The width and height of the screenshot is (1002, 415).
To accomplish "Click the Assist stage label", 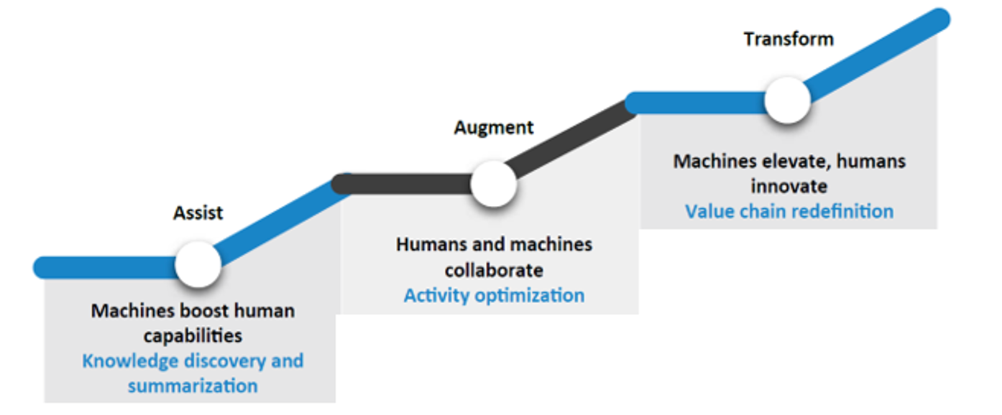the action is tap(198, 213).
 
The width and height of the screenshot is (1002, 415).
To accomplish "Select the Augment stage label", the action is tap(493, 129).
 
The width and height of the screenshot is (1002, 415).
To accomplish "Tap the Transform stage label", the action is tap(789, 39).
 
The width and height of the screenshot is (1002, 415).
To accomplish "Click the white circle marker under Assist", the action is tap(198, 264).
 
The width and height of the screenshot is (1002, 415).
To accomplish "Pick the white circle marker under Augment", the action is tap(494, 184).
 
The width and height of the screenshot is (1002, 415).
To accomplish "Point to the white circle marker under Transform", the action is tap(788, 100).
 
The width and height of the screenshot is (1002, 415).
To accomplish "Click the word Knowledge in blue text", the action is tap(129, 361).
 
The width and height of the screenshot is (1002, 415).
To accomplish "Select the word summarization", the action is tap(193, 386).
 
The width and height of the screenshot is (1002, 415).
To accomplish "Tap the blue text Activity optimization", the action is tap(494, 296).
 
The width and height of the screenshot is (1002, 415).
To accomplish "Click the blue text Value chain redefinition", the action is tap(789, 212).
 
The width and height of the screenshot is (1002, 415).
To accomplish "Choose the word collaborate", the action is tap(494, 271).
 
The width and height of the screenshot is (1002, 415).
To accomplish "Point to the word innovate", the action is tap(789, 187).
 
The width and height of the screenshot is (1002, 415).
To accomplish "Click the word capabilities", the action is tap(193, 336).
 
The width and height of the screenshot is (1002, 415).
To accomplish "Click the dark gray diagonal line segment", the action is tap(570, 139).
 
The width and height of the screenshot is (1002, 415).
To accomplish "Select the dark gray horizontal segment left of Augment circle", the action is tap(401, 184).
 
